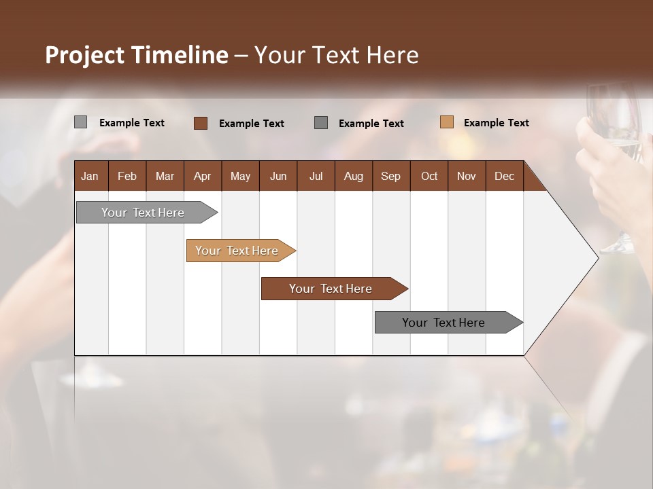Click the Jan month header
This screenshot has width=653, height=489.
click(x=90, y=176)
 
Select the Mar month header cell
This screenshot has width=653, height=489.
click(x=165, y=176)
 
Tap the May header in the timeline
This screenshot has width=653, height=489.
click(x=240, y=176)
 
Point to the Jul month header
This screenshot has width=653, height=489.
click(x=316, y=176)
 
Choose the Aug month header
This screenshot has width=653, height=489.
click(x=353, y=176)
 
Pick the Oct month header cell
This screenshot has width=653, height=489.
click(x=429, y=176)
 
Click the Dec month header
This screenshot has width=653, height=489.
click(x=504, y=176)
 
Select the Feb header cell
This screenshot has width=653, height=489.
click(x=127, y=176)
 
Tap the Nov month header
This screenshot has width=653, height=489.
click(x=467, y=176)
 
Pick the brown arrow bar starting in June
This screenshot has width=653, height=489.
click(x=331, y=289)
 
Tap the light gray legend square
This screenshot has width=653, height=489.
click(x=81, y=122)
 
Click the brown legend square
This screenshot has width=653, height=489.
click(x=200, y=123)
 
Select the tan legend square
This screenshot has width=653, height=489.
click(x=447, y=122)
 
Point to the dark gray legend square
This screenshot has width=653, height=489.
click(x=321, y=123)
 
